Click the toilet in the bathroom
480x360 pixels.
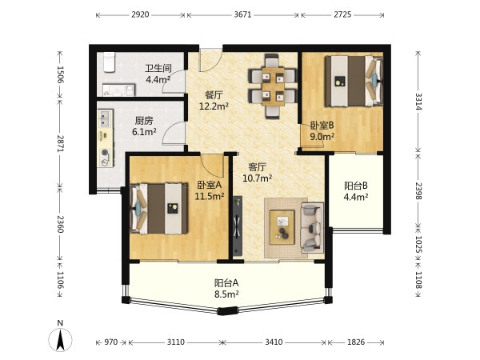[x=109, y=62]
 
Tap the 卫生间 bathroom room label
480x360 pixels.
[x=158, y=68]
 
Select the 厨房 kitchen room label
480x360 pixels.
[x=144, y=121]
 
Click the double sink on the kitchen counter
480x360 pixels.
[x=105, y=118]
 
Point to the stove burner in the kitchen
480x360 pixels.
[x=105, y=152]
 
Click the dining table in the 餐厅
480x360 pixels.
[x=273, y=86]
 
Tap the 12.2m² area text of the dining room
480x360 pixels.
[x=214, y=106]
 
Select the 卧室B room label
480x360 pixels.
[x=322, y=126]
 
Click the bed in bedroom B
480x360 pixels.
[x=354, y=81]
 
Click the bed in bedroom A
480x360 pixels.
[x=159, y=209]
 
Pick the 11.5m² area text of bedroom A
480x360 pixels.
[x=210, y=196]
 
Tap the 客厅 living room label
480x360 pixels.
[x=257, y=167]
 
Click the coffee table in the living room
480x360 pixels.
[x=282, y=227]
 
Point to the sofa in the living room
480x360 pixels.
[x=312, y=227]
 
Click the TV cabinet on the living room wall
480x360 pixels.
[x=238, y=226]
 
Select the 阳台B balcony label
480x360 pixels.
[x=356, y=186]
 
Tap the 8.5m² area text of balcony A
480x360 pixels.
[x=226, y=294]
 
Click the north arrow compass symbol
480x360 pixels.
[x=60, y=337]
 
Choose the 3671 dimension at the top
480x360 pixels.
[x=242, y=14]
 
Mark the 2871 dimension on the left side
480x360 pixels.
[x=60, y=143]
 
